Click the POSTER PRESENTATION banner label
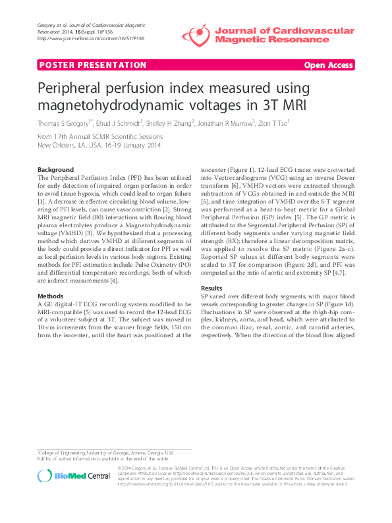point(92,65)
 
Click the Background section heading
point(55,170)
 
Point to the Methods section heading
point(51,296)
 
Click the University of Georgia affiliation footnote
point(105,454)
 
